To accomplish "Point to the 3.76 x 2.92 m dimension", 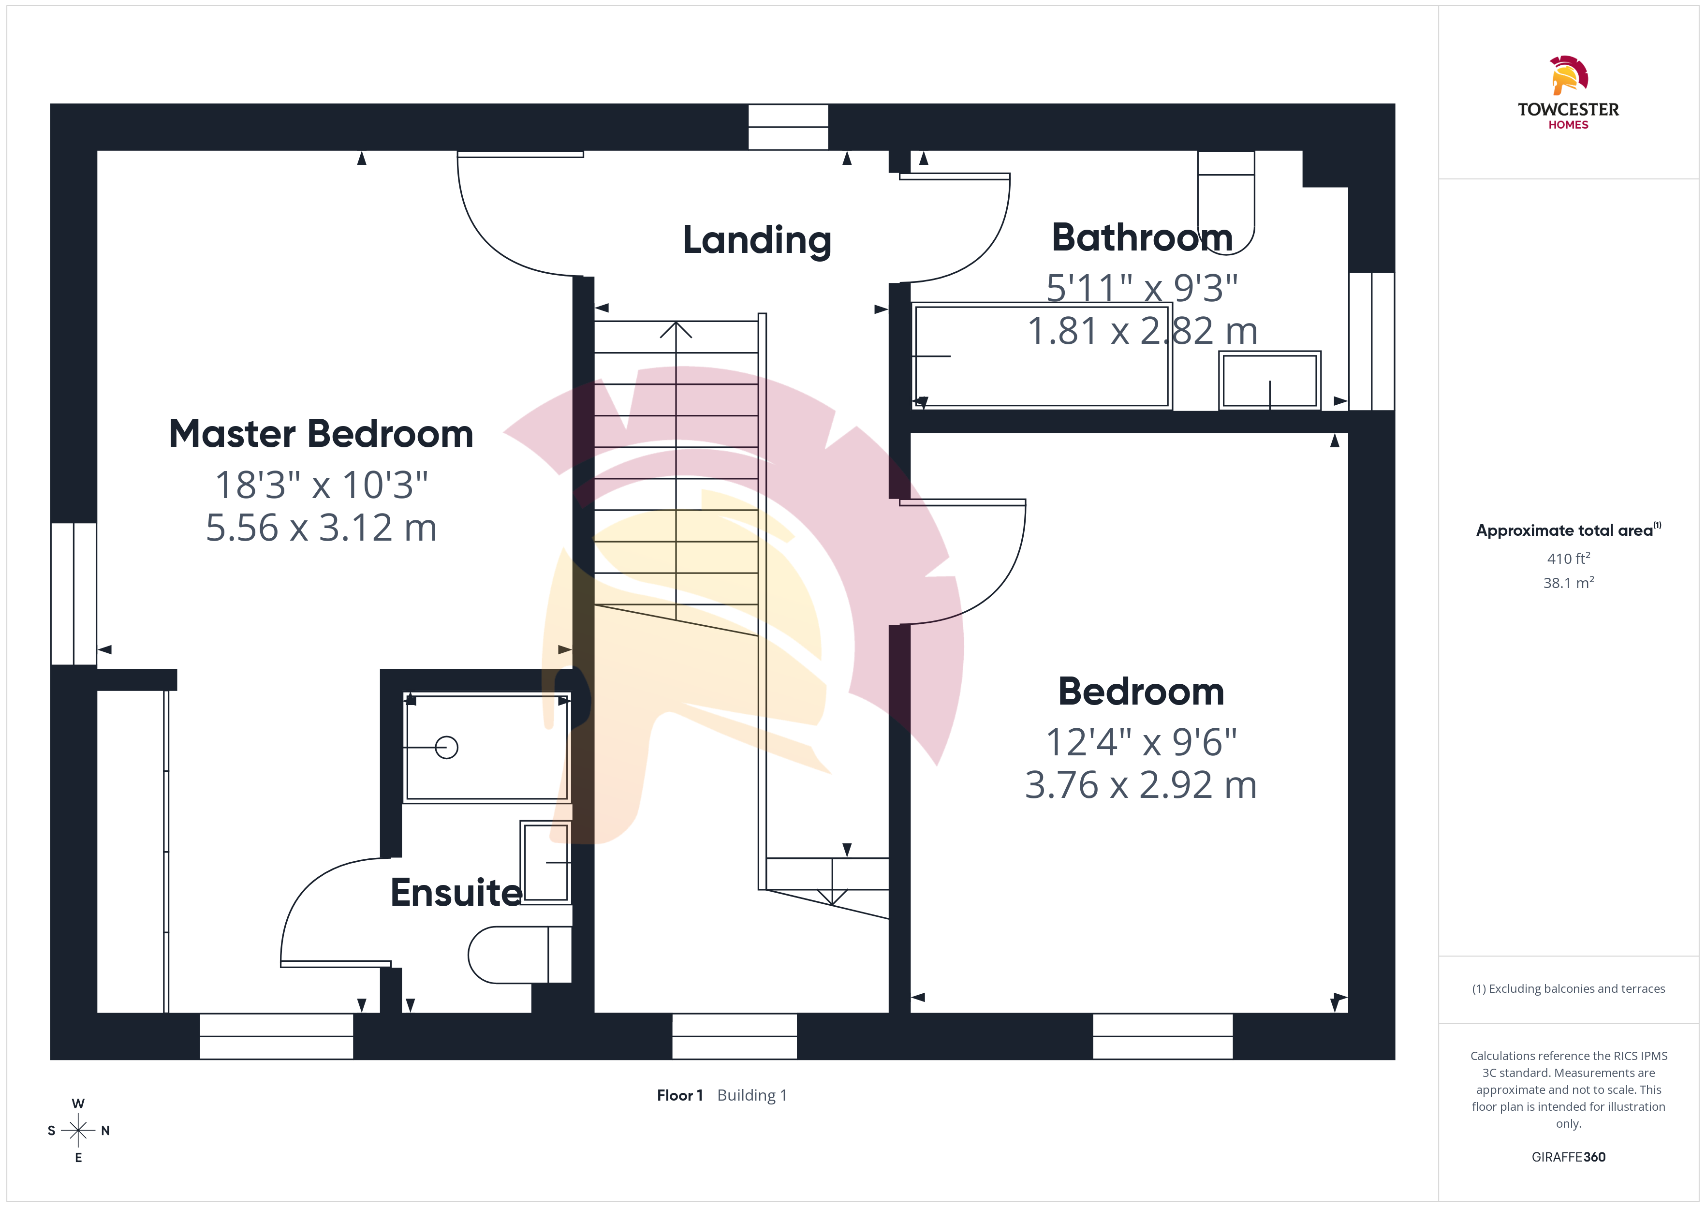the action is tap(1141, 785).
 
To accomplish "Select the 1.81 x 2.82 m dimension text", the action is tap(1142, 331).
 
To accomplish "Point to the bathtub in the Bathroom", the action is tap(1042, 355).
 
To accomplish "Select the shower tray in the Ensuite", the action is tap(486, 747).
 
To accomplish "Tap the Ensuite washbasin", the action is tap(546, 862).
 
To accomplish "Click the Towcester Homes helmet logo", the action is tap(1569, 75).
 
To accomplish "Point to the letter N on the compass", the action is tap(105, 1131).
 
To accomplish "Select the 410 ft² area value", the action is tap(1569, 558).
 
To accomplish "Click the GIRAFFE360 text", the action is tap(1569, 1157).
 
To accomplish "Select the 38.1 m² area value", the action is tap(1569, 583).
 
